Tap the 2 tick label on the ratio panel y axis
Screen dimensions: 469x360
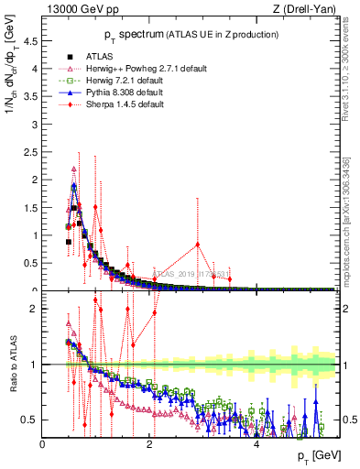point(35,309)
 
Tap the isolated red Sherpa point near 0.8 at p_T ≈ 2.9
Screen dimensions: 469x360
point(198,245)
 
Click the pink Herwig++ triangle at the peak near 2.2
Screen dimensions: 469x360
point(73,169)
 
